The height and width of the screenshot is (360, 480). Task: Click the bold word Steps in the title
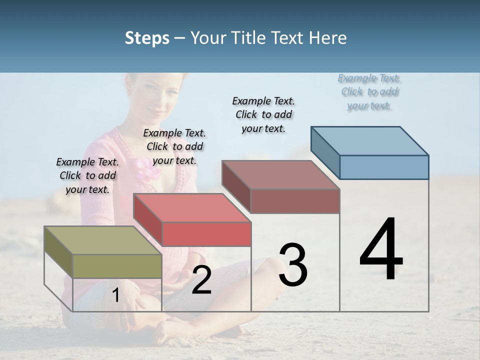click(x=147, y=38)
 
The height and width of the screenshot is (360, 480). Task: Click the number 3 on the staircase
click(x=293, y=265)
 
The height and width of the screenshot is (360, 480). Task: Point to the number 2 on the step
click(x=201, y=280)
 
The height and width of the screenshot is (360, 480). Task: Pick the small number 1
click(x=115, y=295)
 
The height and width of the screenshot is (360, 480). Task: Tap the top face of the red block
click(x=192, y=208)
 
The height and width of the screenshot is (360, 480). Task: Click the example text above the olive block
click(x=87, y=175)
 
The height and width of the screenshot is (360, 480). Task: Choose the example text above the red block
click(x=174, y=146)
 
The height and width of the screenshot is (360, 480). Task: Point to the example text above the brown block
click(x=263, y=114)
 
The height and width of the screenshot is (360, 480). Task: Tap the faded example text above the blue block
click(x=369, y=91)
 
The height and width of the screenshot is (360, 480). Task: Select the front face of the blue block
click(x=384, y=167)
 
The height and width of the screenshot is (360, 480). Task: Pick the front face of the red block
click(x=206, y=234)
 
